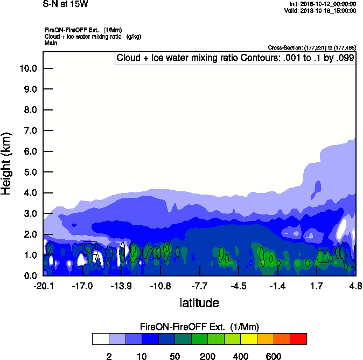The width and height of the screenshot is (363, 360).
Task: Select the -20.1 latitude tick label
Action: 44,286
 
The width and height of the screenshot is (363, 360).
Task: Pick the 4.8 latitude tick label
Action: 355,286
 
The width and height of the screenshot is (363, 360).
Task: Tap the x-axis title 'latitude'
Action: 199,303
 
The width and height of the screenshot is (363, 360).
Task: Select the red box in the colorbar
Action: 298,339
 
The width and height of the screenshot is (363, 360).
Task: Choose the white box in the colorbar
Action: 100,339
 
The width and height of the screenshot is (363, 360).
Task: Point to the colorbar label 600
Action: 274,356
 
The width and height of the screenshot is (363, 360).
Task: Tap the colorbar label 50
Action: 174,356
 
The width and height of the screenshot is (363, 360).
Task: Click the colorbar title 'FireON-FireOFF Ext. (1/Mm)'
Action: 199,327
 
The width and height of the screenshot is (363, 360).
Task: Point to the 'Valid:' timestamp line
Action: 320,10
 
